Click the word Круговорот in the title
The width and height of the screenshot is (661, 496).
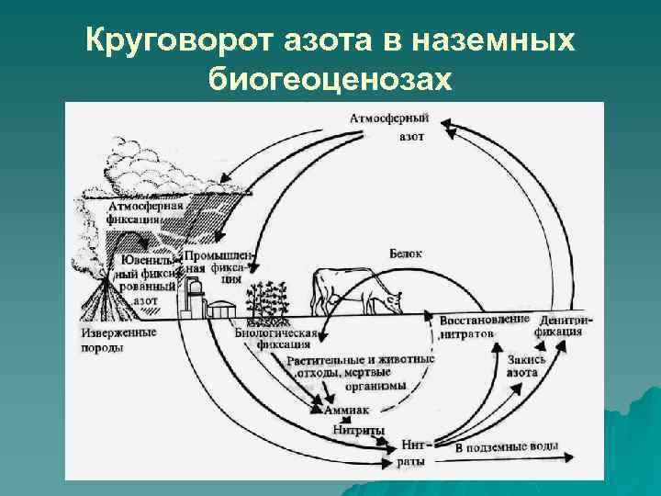pyautogui.click(x=170, y=41)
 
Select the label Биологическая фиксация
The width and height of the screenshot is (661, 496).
pyautogui.click(x=276, y=339)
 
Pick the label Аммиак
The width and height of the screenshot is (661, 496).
pyautogui.click(x=341, y=410)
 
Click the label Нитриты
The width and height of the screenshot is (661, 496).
pyautogui.click(x=358, y=429)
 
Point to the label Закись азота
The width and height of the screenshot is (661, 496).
pyautogui.click(x=526, y=366)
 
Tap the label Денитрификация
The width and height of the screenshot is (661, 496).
pyautogui.click(x=561, y=324)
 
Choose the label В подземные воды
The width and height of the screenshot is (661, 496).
pyautogui.click(x=506, y=448)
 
